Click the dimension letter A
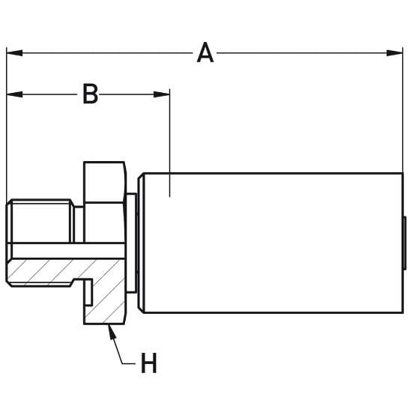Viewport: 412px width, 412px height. click(x=205, y=53)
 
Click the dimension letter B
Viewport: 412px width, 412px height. click(x=90, y=94)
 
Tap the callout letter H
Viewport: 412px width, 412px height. click(x=149, y=363)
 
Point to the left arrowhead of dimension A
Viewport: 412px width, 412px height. click(x=14, y=53)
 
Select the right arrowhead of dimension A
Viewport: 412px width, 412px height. click(x=395, y=53)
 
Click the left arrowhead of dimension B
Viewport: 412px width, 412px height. click(x=14, y=94)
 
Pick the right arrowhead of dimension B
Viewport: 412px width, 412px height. click(x=162, y=94)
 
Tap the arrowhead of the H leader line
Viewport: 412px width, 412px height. click(x=112, y=332)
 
